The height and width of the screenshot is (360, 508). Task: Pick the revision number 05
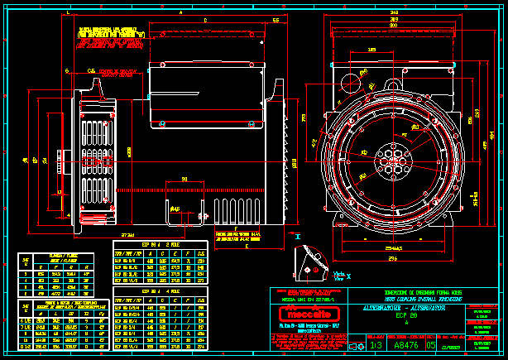click(x=430, y=345)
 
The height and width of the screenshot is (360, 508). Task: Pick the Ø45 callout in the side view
click(x=175, y=210)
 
